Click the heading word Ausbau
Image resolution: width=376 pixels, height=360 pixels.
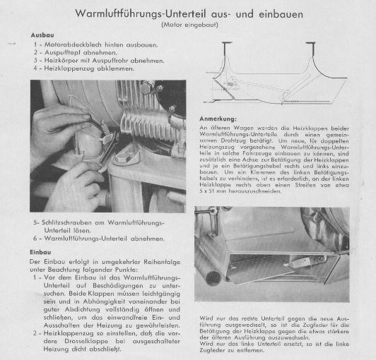pos(42,35)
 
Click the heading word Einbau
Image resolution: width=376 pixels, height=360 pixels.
pos(40,252)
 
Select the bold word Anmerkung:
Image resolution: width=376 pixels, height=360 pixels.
pos(218,119)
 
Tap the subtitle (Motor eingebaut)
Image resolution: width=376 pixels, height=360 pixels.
pos(189,25)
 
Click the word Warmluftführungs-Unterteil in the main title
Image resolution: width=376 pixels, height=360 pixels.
pos(141,14)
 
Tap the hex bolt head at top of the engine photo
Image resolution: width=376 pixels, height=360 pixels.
pos(146,88)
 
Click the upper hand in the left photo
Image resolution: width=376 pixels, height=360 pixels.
pos(57,124)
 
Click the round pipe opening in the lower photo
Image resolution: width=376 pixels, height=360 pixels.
pos(213,278)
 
